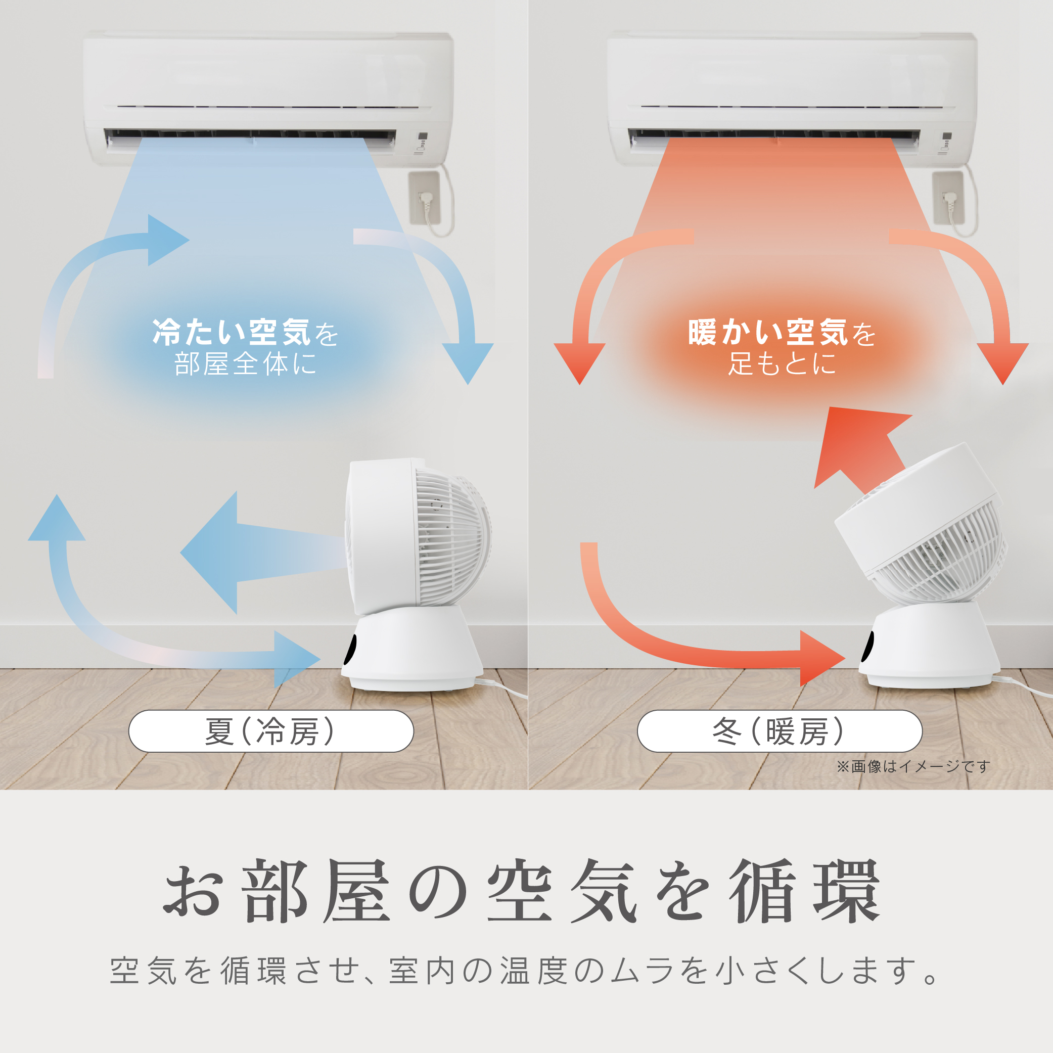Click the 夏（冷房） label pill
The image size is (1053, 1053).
(x=271, y=731)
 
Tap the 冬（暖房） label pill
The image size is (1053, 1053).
(x=780, y=731)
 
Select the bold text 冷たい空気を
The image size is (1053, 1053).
(x=245, y=333)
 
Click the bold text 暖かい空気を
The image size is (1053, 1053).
(x=782, y=333)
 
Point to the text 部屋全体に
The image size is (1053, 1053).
(x=245, y=364)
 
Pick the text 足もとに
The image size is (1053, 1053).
(x=782, y=364)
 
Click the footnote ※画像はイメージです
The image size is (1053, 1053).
(x=913, y=767)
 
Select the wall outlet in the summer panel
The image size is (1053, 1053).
(x=425, y=198)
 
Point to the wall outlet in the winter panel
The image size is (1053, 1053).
(x=948, y=198)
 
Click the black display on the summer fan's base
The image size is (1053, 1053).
(x=352, y=649)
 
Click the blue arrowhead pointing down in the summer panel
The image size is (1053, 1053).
(x=468, y=362)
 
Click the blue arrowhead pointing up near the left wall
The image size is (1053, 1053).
(x=57, y=518)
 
